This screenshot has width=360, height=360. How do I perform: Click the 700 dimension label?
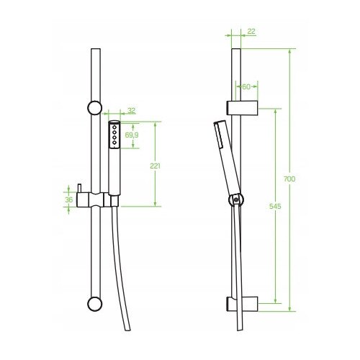[289, 179]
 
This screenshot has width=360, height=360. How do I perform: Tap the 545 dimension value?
[275, 206]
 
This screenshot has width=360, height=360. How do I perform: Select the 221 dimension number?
[155, 166]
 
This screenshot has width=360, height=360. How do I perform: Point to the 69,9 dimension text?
[132, 135]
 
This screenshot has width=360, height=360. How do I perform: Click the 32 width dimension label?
[132, 111]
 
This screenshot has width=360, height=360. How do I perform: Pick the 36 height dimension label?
[69, 199]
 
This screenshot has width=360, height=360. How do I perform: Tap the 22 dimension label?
[251, 32]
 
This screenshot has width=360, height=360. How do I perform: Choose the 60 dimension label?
[246, 87]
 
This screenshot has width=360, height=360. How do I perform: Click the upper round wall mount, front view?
[95, 108]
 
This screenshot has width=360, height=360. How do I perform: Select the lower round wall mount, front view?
[95, 305]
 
